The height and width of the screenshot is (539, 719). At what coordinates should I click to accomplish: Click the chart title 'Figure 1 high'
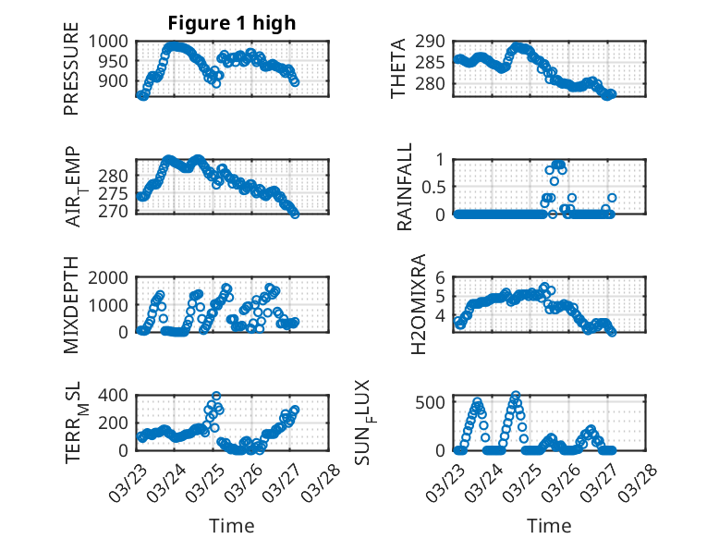pyautogui.click(x=231, y=23)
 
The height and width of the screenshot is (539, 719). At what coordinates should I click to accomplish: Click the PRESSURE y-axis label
pyautogui.click(x=71, y=77)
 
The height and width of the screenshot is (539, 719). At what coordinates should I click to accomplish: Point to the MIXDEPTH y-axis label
pyautogui.click(x=71, y=306)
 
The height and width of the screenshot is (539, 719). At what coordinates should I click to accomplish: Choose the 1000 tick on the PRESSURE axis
pyautogui.click(x=110, y=42)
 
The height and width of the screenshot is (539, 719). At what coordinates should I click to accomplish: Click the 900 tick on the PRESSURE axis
pyautogui.click(x=116, y=81)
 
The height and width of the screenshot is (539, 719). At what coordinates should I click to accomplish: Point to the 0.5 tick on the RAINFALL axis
pyautogui.click(x=433, y=187)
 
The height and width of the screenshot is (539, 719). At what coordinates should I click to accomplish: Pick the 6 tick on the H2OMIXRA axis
pyautogui.click(x=441, y=277)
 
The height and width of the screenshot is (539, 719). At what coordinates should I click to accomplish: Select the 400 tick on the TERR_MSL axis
pyautogui.click(x=115, y=396)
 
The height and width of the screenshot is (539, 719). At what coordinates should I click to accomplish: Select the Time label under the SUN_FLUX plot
pyautogui.click(x=549, y=526)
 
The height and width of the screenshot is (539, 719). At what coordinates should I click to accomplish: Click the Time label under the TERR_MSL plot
pyautogui.click(x=231, y=526)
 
